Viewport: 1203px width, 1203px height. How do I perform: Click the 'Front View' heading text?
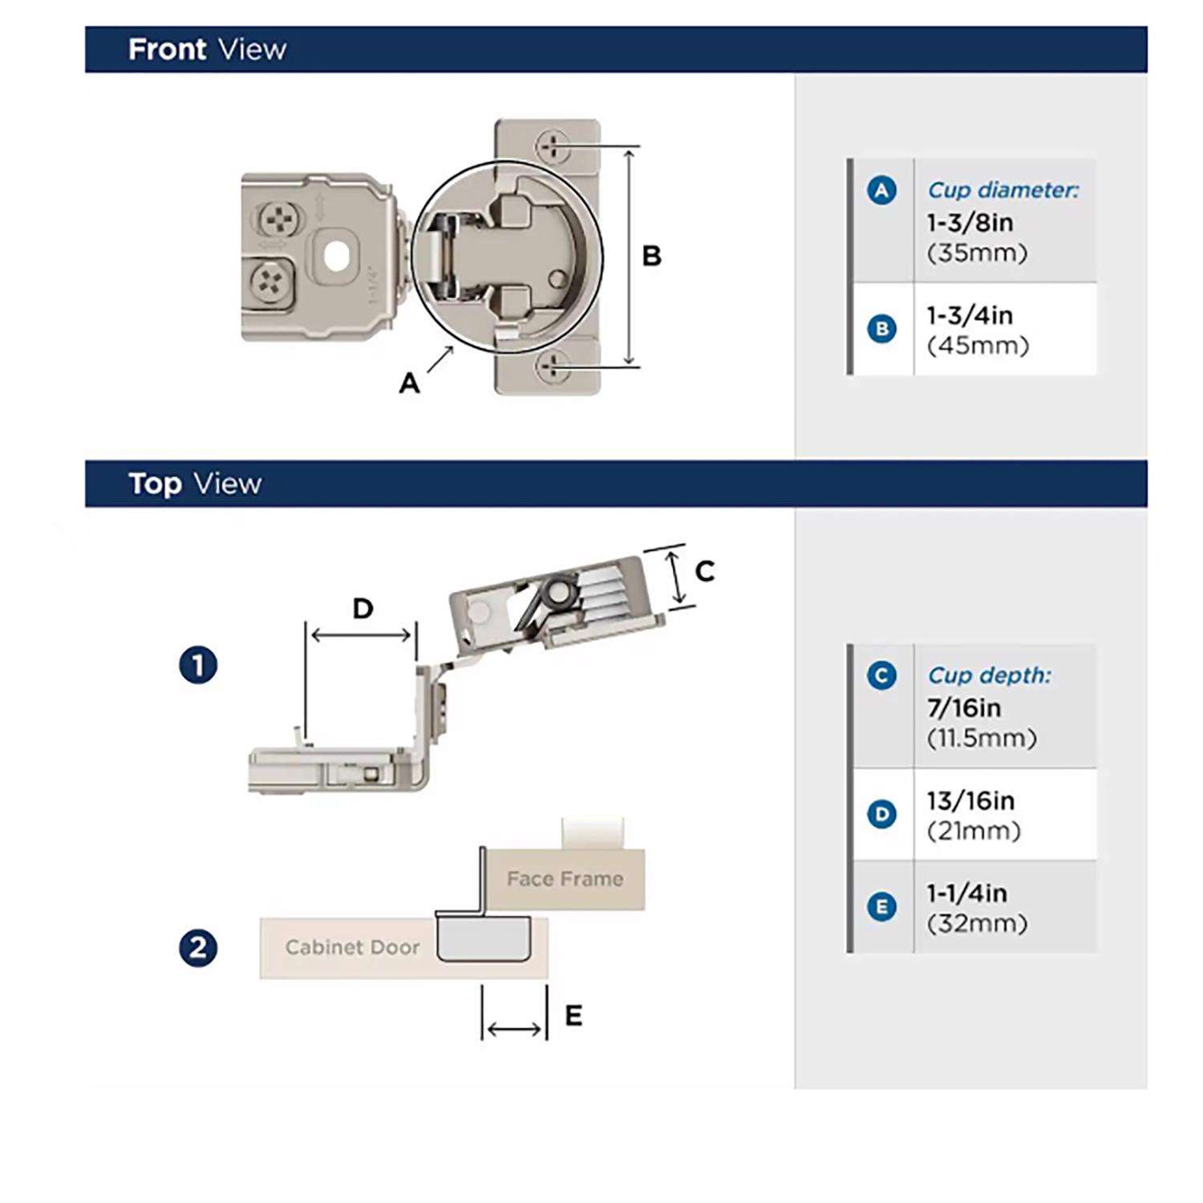coord(207,50)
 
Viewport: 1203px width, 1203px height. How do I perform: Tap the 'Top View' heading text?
coord(195,484)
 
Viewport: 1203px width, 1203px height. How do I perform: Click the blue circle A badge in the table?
coord(881,191)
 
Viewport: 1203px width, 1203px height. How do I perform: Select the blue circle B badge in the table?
coord(881,329)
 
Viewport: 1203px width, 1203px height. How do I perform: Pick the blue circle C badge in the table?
coord(881,675)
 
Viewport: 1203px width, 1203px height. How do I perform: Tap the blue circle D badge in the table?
coord(881,815)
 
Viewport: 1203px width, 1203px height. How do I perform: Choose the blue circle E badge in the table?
coord(881,907)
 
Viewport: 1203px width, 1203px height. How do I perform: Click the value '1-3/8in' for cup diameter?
coord(970,222)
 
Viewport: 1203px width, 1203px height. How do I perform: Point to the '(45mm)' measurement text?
coord(978,346)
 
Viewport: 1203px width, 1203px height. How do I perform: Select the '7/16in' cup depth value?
coord(964,708)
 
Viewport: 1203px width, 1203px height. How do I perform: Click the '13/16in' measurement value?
coord(970,800)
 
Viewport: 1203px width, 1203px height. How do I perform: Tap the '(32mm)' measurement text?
coord(977,924)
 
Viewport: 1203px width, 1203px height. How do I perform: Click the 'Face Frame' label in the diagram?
coord(565,879)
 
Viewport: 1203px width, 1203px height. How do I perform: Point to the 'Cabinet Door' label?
coord(352,947)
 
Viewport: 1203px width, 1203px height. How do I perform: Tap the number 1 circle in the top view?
coord(198,666)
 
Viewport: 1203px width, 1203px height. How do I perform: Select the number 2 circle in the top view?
coord(198,948)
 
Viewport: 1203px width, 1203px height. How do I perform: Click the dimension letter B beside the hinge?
coord(651,256)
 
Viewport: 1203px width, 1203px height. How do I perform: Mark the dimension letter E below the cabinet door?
coord(573,1016)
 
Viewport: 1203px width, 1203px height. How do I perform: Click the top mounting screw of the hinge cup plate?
coord(553,146)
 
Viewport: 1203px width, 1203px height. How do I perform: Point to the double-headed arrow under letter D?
coord(361,635)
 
